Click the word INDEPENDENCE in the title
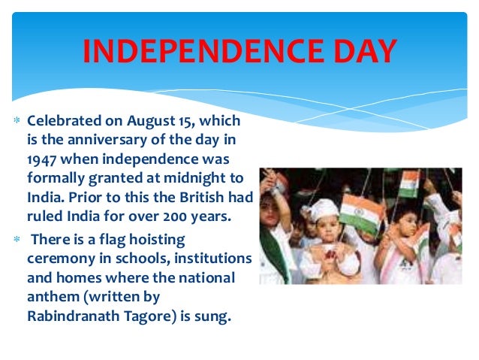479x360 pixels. pos(197,51)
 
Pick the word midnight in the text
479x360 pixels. pos(197,180)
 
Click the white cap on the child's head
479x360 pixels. pos(324,208)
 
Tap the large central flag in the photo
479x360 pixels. pos(358,213)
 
